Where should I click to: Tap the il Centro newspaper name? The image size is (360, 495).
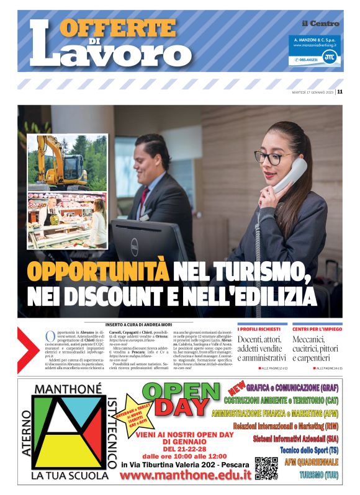click(x=320, y=24)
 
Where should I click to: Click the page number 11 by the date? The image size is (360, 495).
click(x=340, y=92)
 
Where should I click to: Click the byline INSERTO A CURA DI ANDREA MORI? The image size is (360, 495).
click(x=135, y=324)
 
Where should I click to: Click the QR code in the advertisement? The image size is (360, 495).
click(x=266, y=468)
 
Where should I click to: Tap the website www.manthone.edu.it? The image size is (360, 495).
click(x=186, y=476)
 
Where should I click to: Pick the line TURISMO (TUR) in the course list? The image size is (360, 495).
click(x=319, y=475)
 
